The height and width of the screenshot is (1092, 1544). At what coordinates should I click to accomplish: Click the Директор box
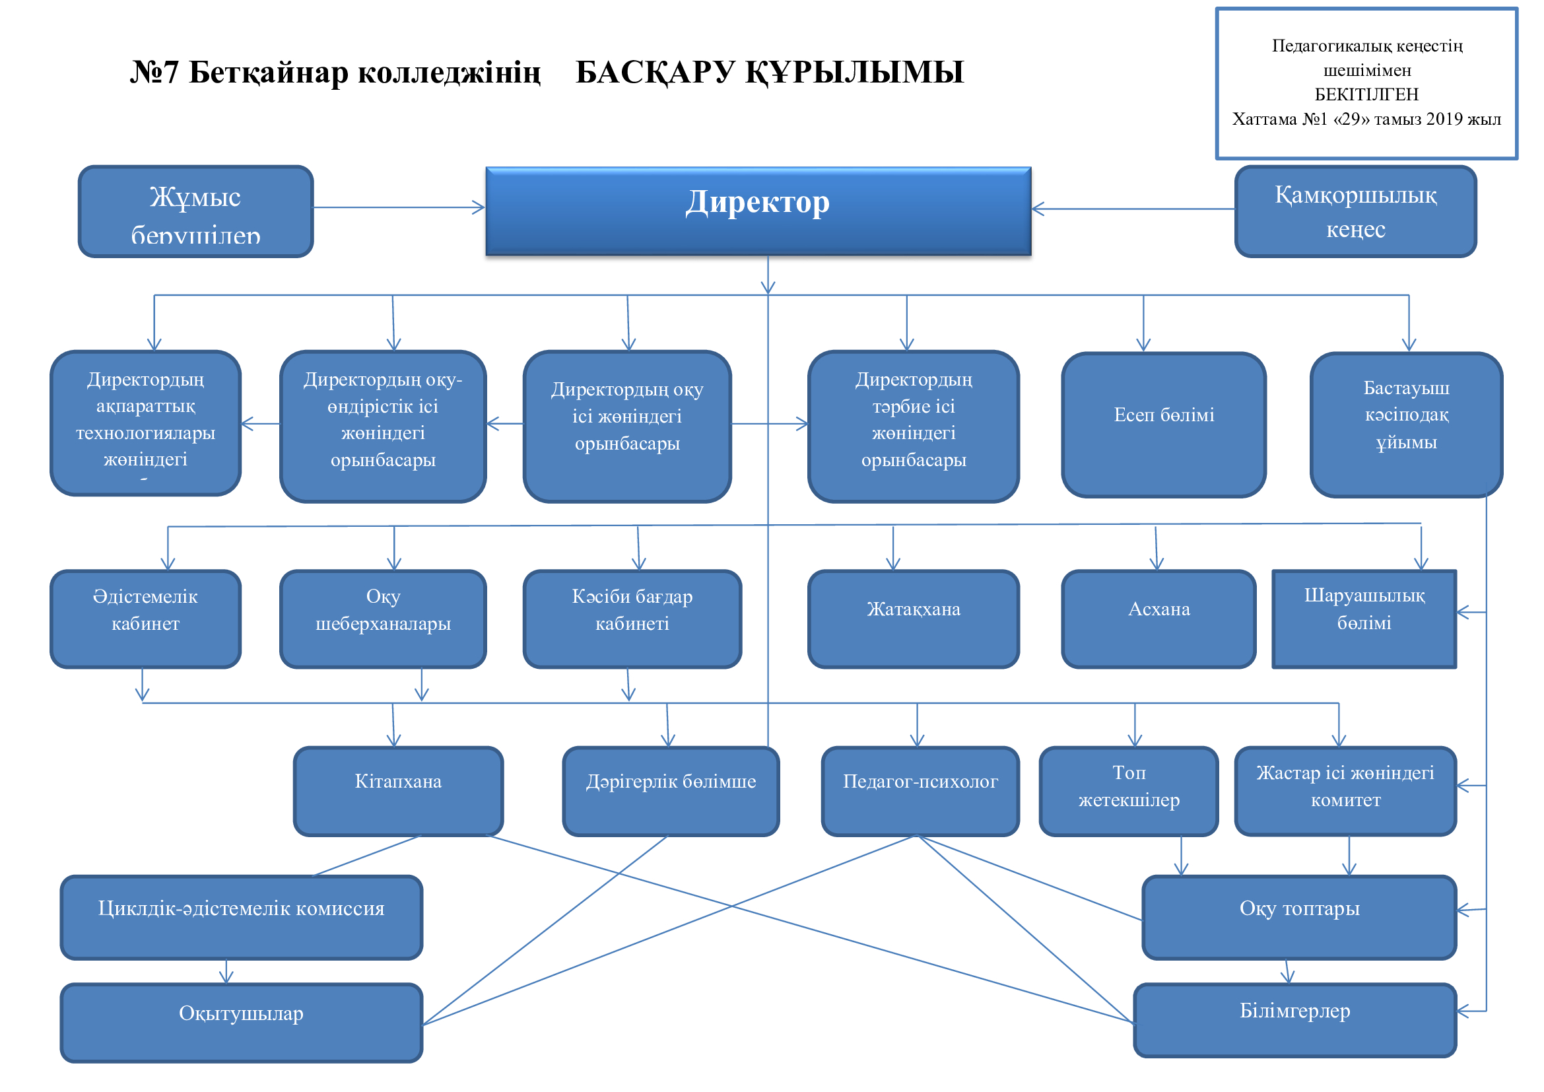click(758, 211)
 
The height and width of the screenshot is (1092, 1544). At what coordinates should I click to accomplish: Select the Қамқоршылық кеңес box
click(1355, 211)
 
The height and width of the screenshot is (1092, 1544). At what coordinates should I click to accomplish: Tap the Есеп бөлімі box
click(1163, 425)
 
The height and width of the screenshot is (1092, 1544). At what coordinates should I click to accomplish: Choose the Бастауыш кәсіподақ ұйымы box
click(1405, 425)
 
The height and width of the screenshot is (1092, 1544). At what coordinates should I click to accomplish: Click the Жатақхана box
click(912, 619)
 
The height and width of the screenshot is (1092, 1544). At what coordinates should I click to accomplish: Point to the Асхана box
click(1158, 619)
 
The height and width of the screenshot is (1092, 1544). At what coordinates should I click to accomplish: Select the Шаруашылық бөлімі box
click(1364, 619)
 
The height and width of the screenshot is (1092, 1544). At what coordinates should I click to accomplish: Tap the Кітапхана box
click(398, 791)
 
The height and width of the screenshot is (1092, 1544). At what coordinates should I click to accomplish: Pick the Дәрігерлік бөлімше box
click(671, 791)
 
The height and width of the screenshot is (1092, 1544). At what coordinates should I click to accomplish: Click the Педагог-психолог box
click(920, 791)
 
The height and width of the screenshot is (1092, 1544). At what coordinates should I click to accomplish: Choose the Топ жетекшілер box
click(1128, 791)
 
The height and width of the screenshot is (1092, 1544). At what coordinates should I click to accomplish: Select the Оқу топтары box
click(1298, 917)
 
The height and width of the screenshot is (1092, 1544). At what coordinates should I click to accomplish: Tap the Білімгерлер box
click(1294, 1020)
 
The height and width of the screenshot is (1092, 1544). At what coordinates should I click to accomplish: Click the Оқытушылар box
click(241, 1022)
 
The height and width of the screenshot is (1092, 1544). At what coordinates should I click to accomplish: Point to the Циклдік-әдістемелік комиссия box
click(241, 917)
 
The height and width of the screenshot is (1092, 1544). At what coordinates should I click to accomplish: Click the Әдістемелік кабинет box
click(145, 619)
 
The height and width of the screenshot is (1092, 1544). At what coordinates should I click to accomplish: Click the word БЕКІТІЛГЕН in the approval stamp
click(1366, 94)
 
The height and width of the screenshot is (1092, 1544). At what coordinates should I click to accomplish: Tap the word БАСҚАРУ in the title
click(654, 72)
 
